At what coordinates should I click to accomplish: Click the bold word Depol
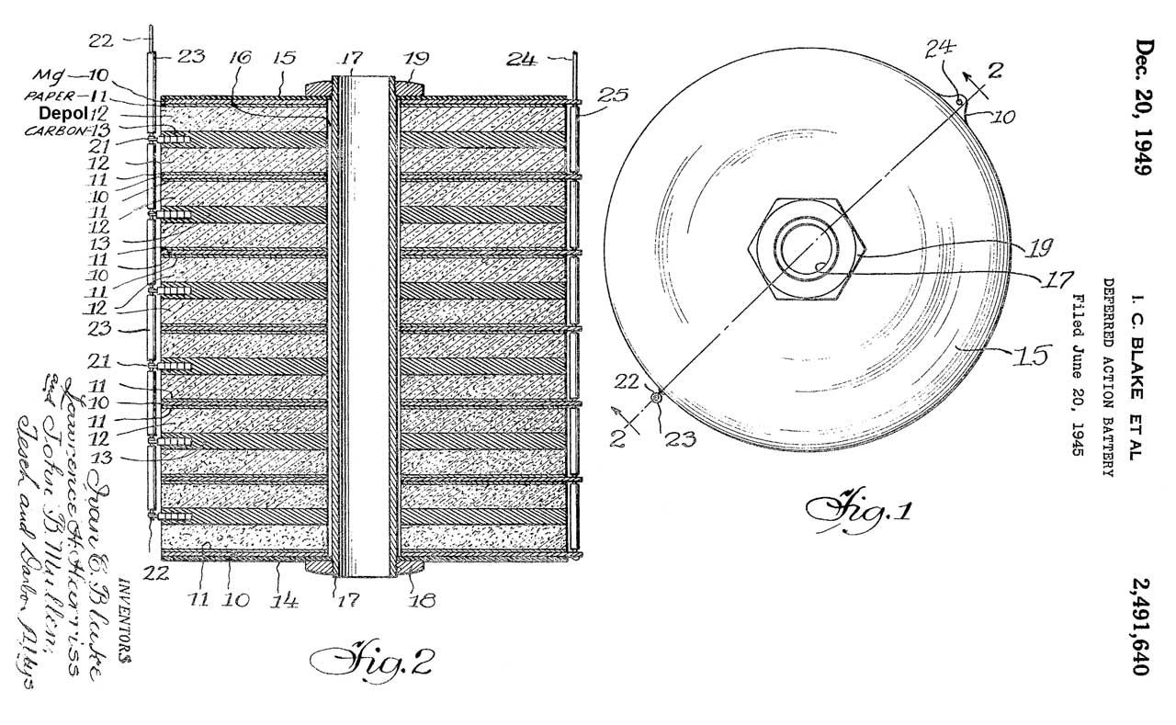62,112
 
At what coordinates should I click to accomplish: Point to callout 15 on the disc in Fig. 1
1030,353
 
